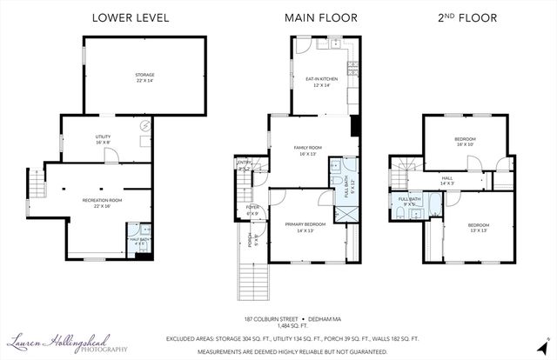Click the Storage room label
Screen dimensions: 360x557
tap(144, 78)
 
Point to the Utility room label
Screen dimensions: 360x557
tap(104, 140)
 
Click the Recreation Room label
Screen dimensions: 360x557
tap(102, 203)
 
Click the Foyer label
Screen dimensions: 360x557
tap(253, 210)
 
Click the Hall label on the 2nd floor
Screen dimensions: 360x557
tap(447, 180)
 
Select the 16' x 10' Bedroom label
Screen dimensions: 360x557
tap(464, 142)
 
